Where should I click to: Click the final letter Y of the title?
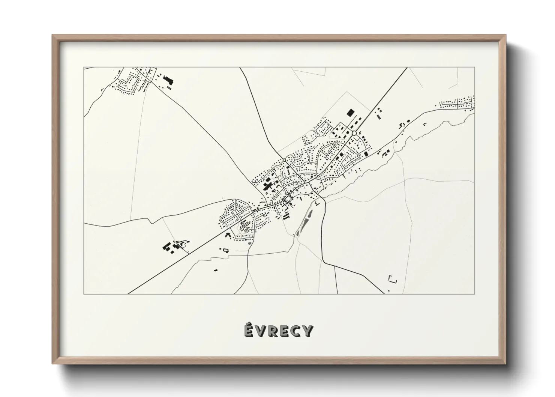click(x=307, y=331)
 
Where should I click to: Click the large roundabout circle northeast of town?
click(x=354, y=133)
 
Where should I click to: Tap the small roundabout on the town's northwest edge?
click(x=285, y=160)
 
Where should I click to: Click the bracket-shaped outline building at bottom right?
click(x=393, y=279)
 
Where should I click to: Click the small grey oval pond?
click(x=249, y=244)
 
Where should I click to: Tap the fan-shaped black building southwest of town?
click(x=227, y=235)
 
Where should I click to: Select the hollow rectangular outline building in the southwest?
click(x=226, y=250)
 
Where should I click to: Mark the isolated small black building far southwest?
click(x=215, y=269)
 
